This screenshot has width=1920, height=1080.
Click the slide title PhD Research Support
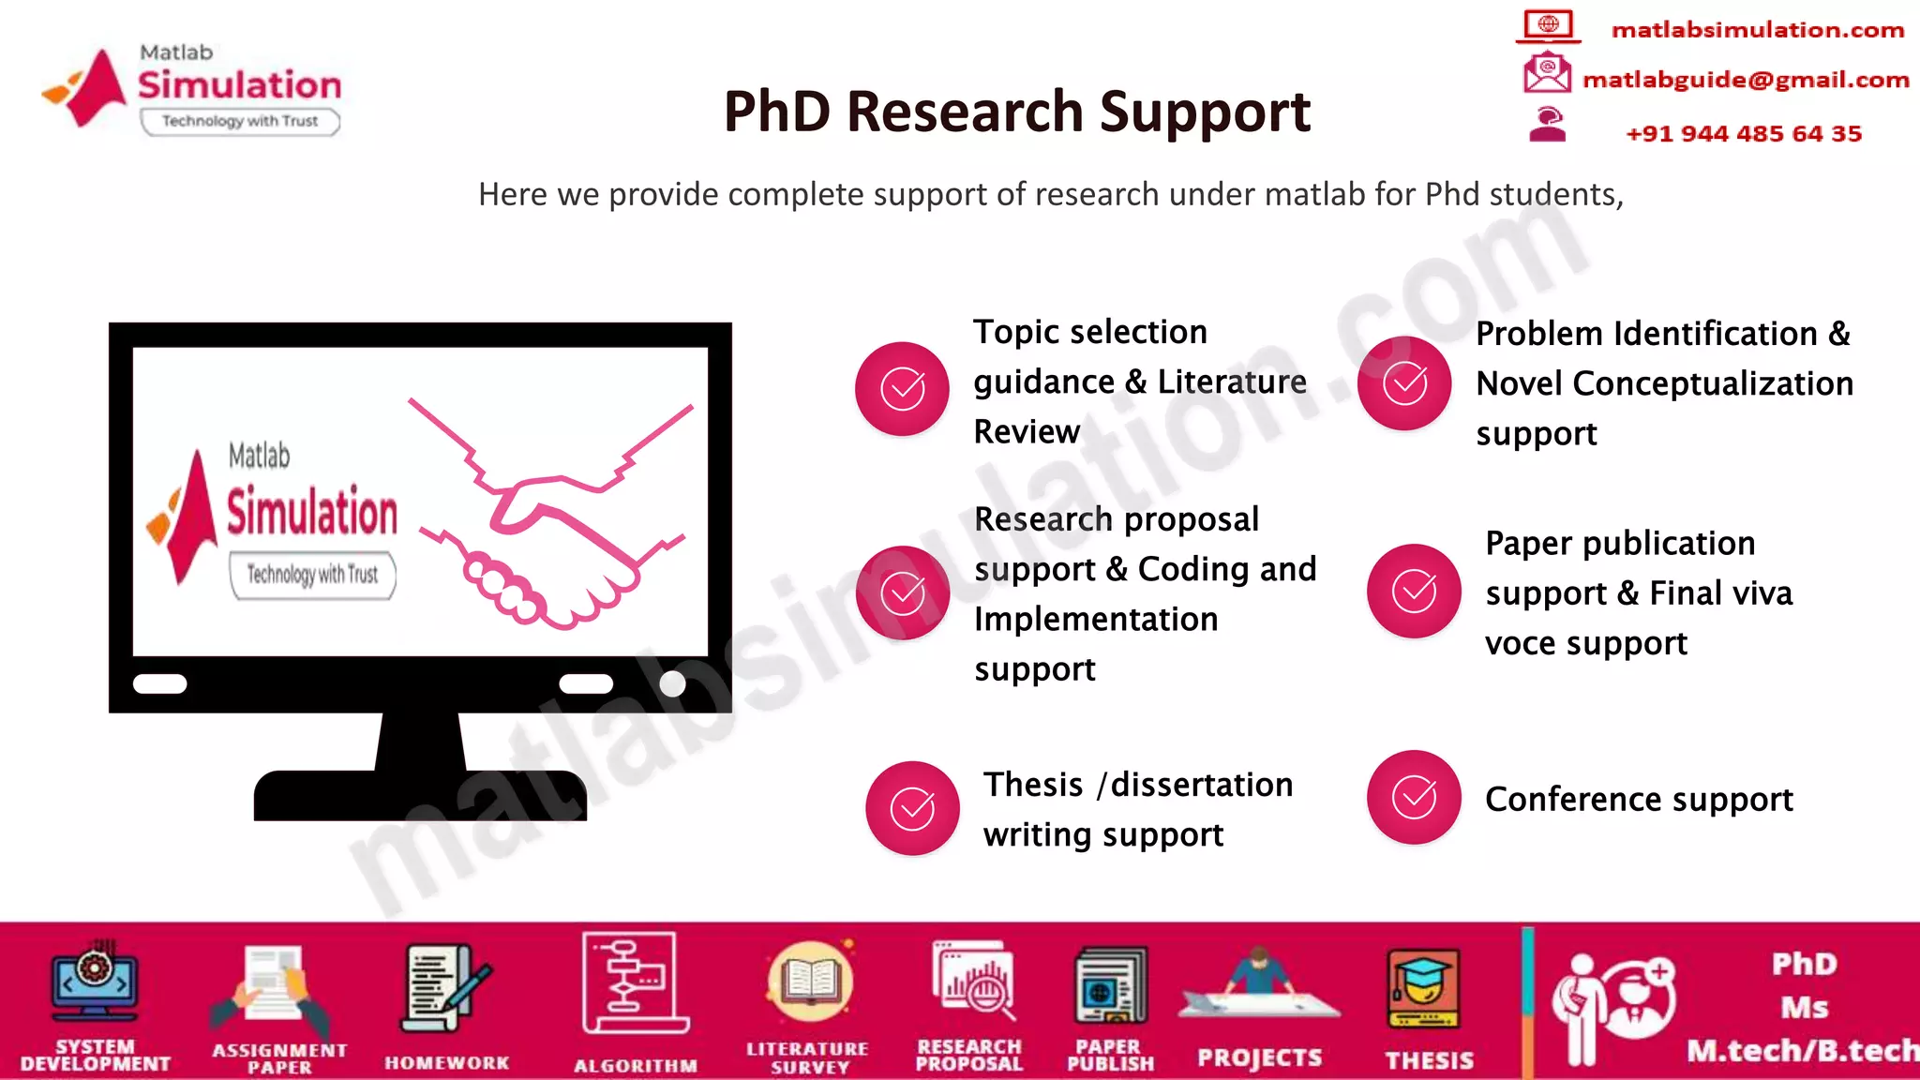click(x=1016, y=112)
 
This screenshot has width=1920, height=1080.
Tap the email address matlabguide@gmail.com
click(x=1745, y=80)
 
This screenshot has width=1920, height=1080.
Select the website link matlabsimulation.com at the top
click(x=1757, y=30)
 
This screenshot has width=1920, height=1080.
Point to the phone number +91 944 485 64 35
click(x=1743, y=133)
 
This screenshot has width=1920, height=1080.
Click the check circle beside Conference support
click(x=1414, y=797)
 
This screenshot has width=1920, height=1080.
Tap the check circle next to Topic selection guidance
click(x=902, y=388)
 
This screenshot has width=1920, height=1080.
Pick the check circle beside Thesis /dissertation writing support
click(x=911, y=808)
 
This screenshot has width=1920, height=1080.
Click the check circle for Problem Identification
click(x=1404, y=382)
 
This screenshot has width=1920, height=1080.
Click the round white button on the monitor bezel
click(x=672, y=683)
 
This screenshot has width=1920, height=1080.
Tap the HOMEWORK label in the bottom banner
click(x=446, y=1063)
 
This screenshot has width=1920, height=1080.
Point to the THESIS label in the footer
click(x=1429, y=1060)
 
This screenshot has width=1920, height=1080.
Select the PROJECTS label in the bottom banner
click(x=1259, y=1058)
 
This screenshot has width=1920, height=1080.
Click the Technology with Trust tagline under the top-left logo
click(x=240, y=121)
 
